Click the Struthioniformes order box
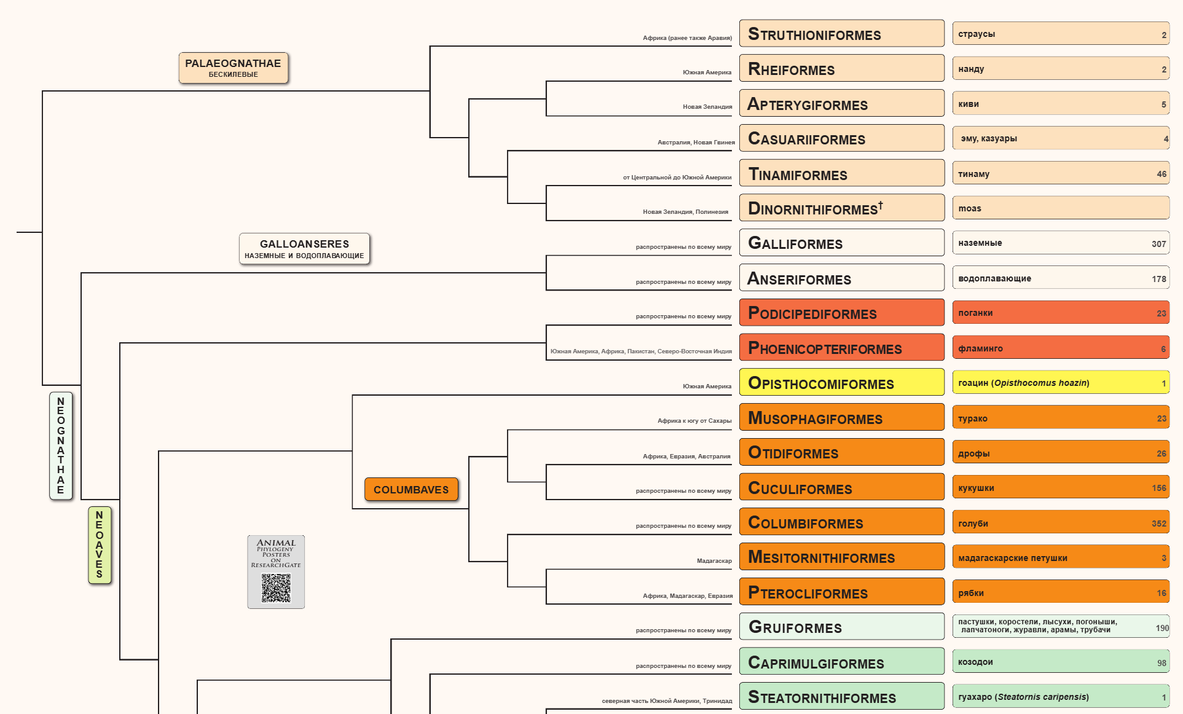[x=841, y=34]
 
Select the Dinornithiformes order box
[x=841, y=208]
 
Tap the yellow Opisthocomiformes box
[x=841, y=383]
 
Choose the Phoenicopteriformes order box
[x=841, y=348]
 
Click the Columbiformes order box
[x=841, y=522]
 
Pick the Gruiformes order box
[x=841, y=627]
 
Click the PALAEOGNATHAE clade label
[x=233, y=68]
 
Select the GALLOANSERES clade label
[x=304, y=249]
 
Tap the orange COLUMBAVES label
[x=411, y=490]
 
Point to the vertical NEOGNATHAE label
[x=61, y=445]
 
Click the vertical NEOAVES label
[x=100, y=544]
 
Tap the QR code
[x=276, y=588]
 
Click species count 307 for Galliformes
[x=1158, y=244]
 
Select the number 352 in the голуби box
[x=1158, y=524]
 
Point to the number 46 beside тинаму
[x=1161, y=174]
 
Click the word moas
[x=970, y=208]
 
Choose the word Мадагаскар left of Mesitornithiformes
[x=714, y=560]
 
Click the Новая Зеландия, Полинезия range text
[x=685, y=212]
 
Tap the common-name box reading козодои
[x=1060, y=662]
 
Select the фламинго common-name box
[x=1060, y=348]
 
